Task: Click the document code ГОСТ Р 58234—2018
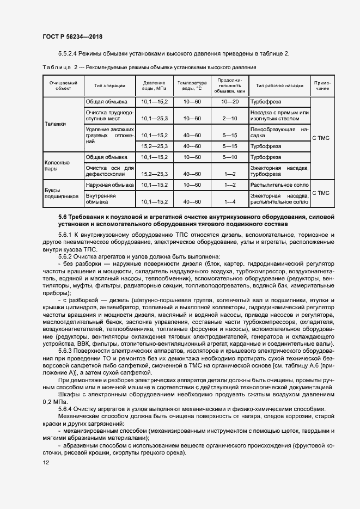point(72,37)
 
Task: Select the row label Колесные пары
point(57,165)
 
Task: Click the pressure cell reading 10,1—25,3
point(155,118)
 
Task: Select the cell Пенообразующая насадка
point(279,132)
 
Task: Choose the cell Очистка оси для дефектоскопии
point(109,171)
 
